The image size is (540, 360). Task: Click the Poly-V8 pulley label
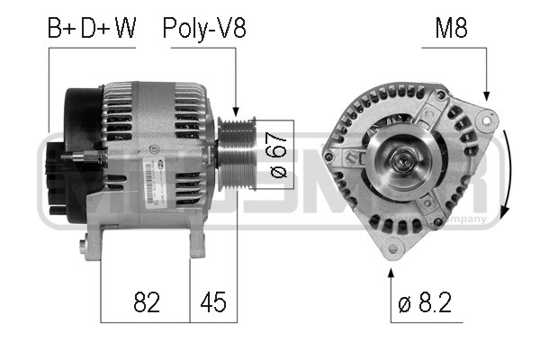(x=203, y=29)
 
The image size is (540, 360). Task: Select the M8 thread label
(x=450, y=29)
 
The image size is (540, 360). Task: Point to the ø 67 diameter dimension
(x=278, y=156)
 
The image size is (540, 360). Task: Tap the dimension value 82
(x=145, y=302)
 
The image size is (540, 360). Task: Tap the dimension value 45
(x=213, y=302)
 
